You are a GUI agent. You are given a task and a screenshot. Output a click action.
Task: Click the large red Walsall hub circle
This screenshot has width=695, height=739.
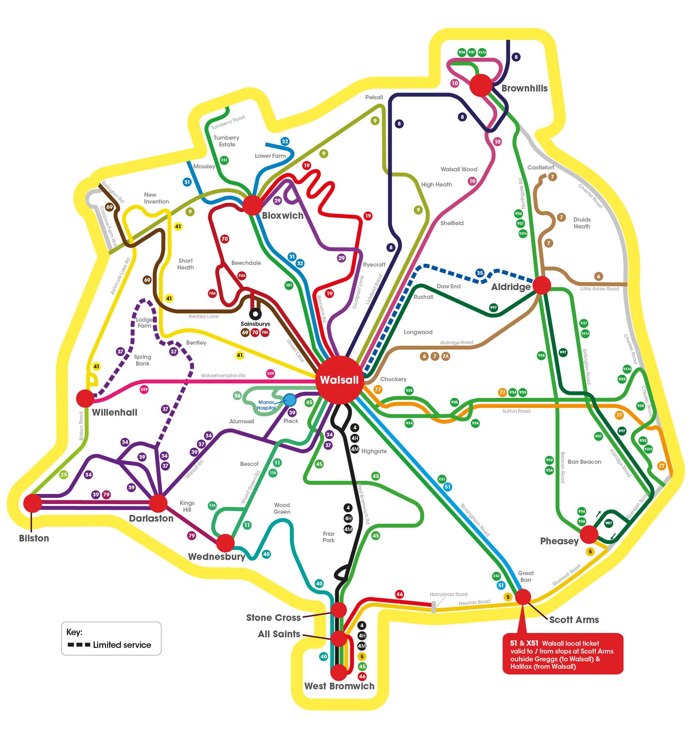point(339,380)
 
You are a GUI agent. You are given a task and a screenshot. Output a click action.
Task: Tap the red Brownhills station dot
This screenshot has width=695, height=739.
point(480,85)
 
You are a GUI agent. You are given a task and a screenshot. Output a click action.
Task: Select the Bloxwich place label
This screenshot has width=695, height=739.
point(283,216)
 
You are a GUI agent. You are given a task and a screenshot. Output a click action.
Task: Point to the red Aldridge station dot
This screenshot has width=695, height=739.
point(541,285)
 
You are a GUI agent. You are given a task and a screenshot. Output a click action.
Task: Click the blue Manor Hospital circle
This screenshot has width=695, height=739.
point(289,400)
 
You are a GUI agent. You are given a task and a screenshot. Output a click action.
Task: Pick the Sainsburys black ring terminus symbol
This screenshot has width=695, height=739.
point(255,314)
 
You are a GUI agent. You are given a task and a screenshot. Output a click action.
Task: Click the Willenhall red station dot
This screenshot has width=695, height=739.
point(85,399)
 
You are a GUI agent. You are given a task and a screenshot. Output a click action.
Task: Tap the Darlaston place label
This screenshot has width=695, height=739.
point(151,518)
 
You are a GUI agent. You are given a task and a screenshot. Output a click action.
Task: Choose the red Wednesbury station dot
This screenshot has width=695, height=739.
point(225,543)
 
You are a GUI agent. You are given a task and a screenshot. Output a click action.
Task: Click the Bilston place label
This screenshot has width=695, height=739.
point(34,538)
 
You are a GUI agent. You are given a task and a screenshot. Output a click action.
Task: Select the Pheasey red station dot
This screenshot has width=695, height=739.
point(589,534)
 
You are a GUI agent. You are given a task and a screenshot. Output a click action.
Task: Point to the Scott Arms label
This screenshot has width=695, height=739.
point(574,619)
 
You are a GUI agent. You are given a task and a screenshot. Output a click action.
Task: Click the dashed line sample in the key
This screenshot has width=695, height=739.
point(79,645)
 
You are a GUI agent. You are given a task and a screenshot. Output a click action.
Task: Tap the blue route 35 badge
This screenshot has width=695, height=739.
point(480,273)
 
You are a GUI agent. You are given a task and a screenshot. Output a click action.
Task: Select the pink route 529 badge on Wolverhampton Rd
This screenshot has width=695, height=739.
point(271,373)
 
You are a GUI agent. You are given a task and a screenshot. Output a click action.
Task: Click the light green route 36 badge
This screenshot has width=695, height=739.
point(237,395)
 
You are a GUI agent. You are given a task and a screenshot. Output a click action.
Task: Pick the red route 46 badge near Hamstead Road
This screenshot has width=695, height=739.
point(400,594)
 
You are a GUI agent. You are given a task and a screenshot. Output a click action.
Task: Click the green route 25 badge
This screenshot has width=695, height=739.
point(64,474)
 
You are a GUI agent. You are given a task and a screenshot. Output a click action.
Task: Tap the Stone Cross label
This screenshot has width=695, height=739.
point(273,617)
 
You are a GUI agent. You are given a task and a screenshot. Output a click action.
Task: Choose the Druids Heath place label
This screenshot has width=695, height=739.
point(582,223)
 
